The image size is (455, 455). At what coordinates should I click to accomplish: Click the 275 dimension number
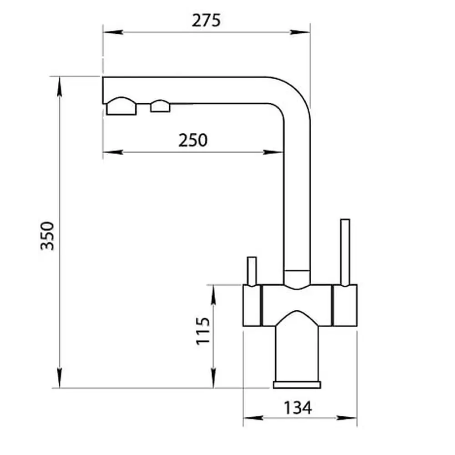pyautogui.click(x=206, y=20)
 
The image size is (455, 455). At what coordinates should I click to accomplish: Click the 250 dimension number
pyautogui.click(x=193, y=140)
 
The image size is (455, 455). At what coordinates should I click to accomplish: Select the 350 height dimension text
pyautogui.click(x=47, y=236)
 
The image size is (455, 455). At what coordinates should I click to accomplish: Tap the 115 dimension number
pyautogui.click(x=203, y=331)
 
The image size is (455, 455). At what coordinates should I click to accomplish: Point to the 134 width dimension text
pyautogui.click(x=298, y=408)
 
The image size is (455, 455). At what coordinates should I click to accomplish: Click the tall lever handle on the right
pyautogui.click(x=345, y=253)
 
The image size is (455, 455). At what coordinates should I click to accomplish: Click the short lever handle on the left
pyautogui.click(x=252, y=271)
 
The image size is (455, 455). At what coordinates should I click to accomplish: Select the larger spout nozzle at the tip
pyautogui.click(x=121, y=106)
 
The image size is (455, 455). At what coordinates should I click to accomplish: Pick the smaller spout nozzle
pyautogui.click(x=160, y=106)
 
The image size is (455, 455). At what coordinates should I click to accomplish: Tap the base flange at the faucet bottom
pyautogui.click(x=297, y=385)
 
